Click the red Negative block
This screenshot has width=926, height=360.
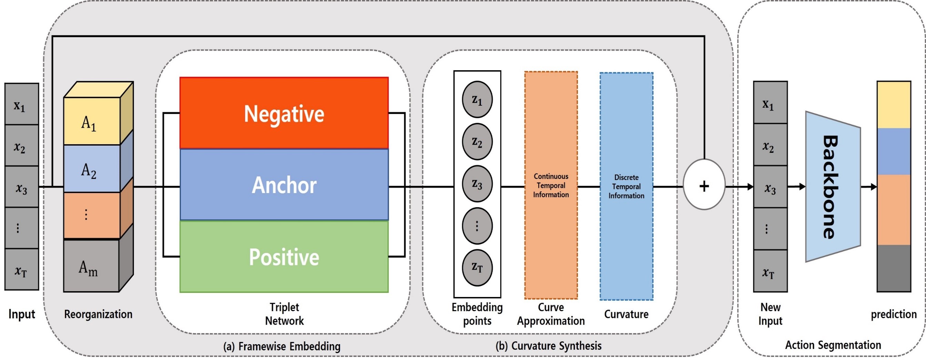pyautogui.click(x=284, y=113)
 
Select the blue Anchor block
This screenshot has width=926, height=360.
pyautogui.click(x=284, y=185)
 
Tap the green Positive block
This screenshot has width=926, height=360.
pyautogui.click(x=284, y=257)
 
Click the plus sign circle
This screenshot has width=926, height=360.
pyautogui.click(x=703, y=185)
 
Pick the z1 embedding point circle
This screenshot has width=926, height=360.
pyautogui.click(x=477, y=100)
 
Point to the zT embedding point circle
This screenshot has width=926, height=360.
pyautogui.click(x=477, y=268)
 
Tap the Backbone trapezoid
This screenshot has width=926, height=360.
pyautogui.click(x=832, y=187)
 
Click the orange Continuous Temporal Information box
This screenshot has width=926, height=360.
pyautogui.click(x=551, y=185)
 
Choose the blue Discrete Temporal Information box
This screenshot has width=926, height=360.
pyautogui.click(x=626, y=186)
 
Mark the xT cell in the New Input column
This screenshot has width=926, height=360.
pyautogui.click(x=770, y=271)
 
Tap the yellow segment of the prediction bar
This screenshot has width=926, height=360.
pyautogui.click(x=893, y=105)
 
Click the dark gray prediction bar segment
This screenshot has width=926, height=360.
pyautogui.click(x=893, y=268)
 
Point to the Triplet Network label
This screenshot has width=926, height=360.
pyautogui.click(x=284, y=313)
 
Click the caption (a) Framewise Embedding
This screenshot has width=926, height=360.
pyautogui.click(x=282, y=346)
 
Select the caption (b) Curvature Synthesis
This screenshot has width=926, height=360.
pyautogui.click(x=548, y=346)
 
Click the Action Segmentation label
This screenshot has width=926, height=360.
pyautogui.click(x=833, y=345)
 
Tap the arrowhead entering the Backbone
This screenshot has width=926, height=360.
pyautogui.click(x=802, y=186)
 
